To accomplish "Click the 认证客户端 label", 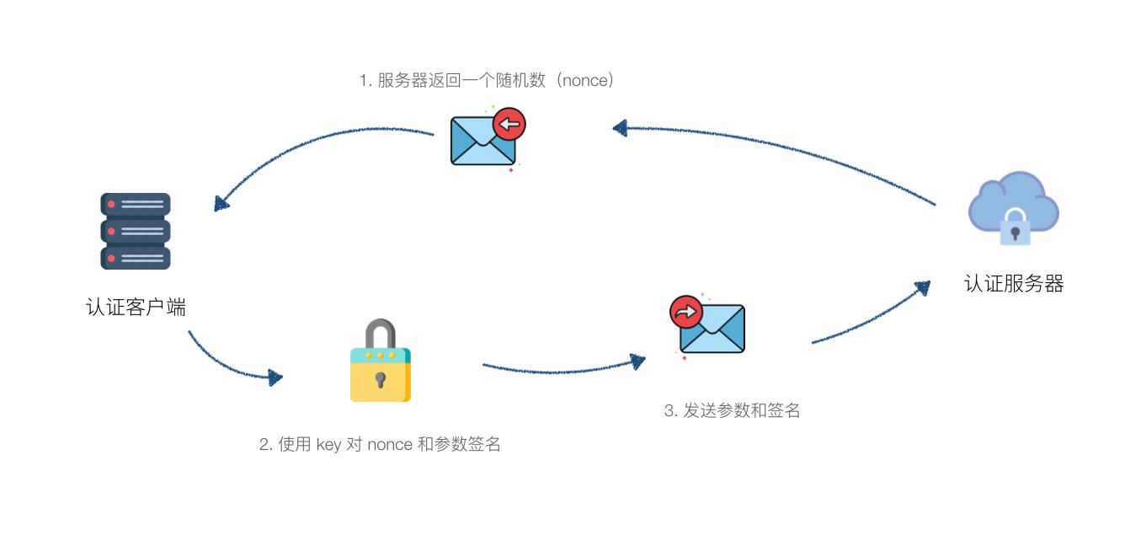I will (136, 308).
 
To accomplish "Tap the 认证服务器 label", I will (1014, 283).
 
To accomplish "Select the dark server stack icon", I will (136, 231).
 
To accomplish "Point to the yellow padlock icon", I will (381, 362).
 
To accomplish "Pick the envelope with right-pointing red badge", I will (710, 325).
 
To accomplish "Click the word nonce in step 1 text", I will (583, 81).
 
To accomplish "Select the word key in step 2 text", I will (328, 444).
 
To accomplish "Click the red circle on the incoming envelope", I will (509, 125).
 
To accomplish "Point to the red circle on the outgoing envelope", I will (686, 312).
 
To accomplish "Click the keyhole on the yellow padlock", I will (381, 379).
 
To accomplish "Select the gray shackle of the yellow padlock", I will (381, 333).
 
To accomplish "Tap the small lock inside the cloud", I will (1015, 227).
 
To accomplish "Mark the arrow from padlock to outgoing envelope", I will (560, 369).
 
